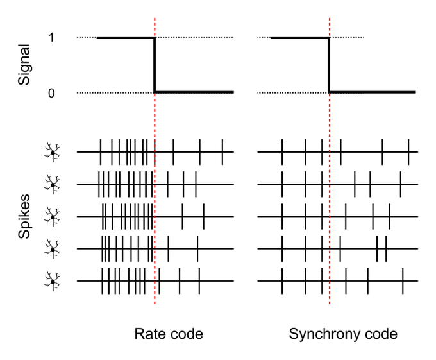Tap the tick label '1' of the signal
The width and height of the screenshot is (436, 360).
point(50,37)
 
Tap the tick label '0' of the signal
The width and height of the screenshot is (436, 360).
point(50,93)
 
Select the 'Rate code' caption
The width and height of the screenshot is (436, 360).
point(168,334)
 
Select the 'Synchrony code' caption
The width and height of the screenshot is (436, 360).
point(343,334)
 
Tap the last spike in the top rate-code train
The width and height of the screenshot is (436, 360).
point(222,152)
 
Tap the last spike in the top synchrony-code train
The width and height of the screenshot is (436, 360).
point(408,152)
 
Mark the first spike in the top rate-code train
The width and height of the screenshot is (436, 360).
point(101,152)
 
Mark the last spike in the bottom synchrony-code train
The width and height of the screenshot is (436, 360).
point(403,281)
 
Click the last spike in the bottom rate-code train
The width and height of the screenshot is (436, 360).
point(199,281)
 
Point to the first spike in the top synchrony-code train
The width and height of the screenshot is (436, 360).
point(282,152)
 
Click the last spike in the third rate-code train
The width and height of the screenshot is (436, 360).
point(204,217)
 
